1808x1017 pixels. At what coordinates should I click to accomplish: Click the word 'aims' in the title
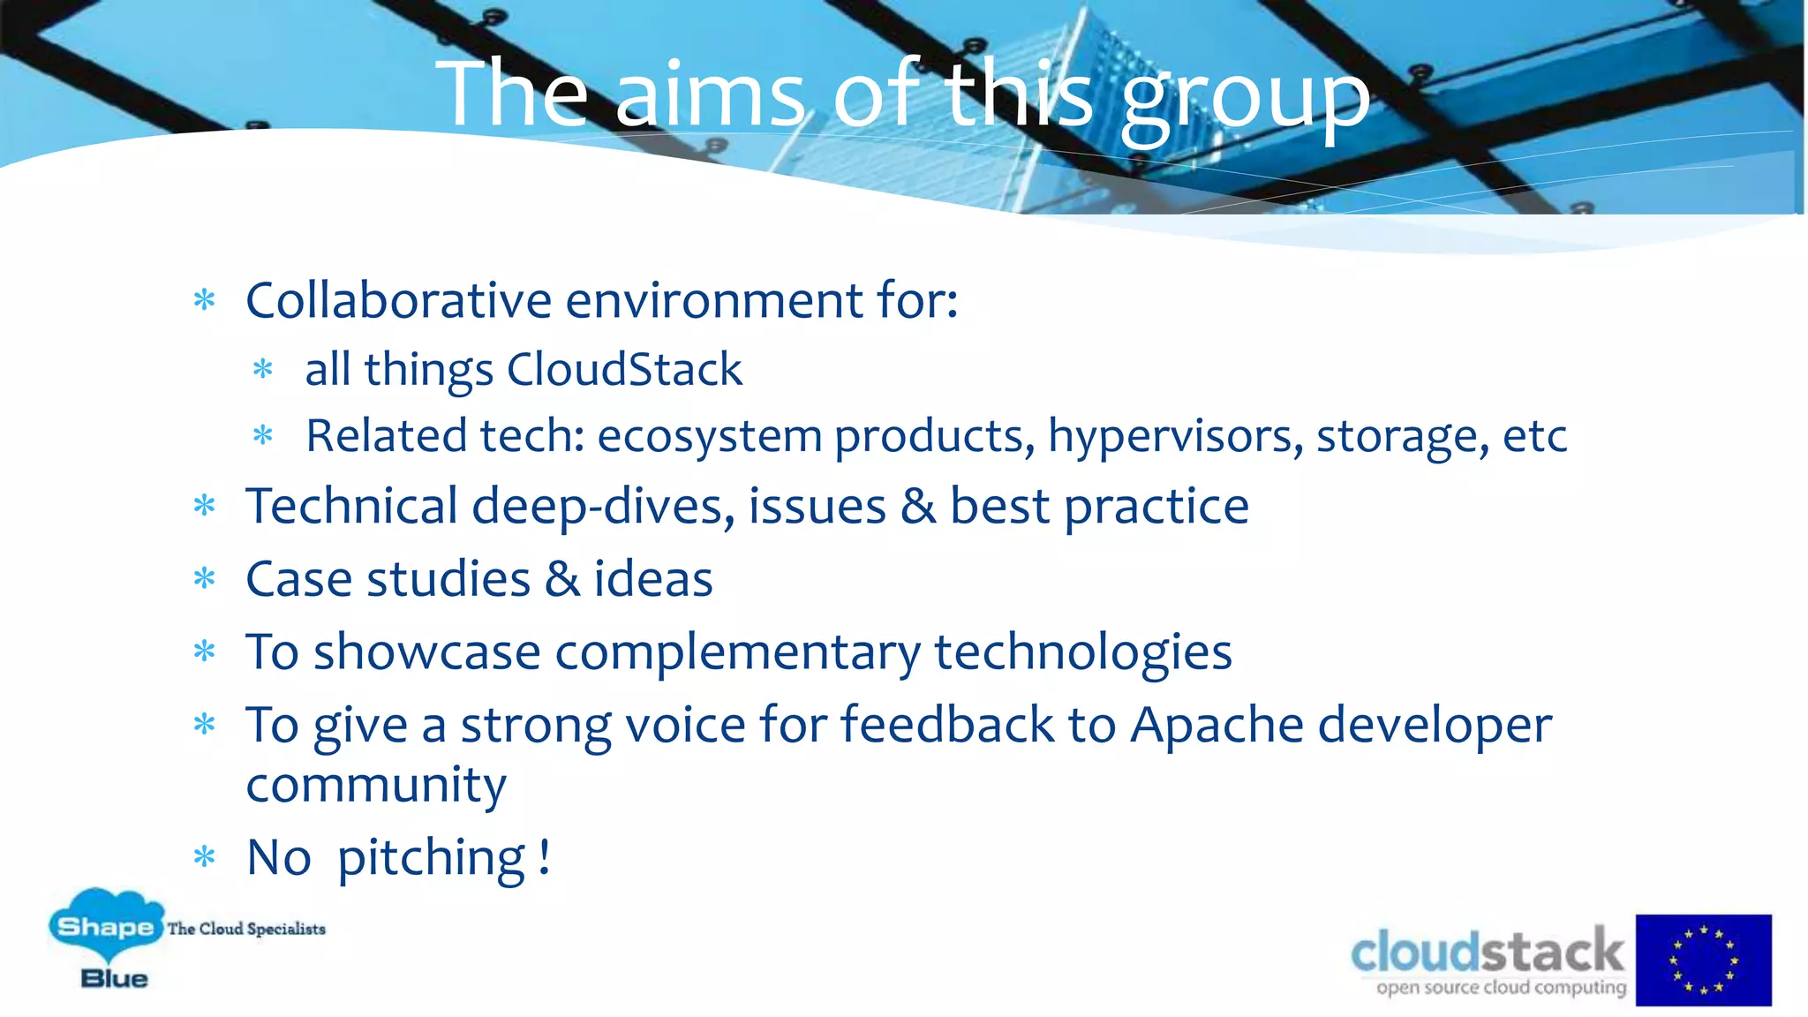tap(710, 95)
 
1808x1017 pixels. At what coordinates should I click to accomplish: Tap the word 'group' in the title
tap(1245, 99)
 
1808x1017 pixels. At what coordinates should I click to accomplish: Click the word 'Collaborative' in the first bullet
tap(398, 300)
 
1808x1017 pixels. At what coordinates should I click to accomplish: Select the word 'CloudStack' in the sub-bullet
tap(624, 369)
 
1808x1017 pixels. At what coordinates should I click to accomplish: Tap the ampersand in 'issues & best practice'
tap(918, 507)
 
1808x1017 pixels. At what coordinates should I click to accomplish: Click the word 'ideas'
tap(652, 580)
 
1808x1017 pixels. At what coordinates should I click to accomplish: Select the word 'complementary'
tap(737, 653)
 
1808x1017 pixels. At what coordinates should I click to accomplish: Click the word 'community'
tap(376, 785)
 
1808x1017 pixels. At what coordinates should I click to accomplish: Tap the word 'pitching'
tap(432, 858)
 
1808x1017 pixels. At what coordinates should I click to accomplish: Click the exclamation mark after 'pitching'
tap(545, 856)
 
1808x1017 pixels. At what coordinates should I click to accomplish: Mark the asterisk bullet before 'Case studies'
tap(205, 579)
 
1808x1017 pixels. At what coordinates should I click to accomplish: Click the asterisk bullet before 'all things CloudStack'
tap(263, 369)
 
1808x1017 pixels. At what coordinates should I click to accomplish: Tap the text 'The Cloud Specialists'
tap(246, 929)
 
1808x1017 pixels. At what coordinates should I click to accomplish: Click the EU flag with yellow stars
tap(1703, 960)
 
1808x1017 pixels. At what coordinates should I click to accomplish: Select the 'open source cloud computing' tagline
tap(1501, 987)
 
